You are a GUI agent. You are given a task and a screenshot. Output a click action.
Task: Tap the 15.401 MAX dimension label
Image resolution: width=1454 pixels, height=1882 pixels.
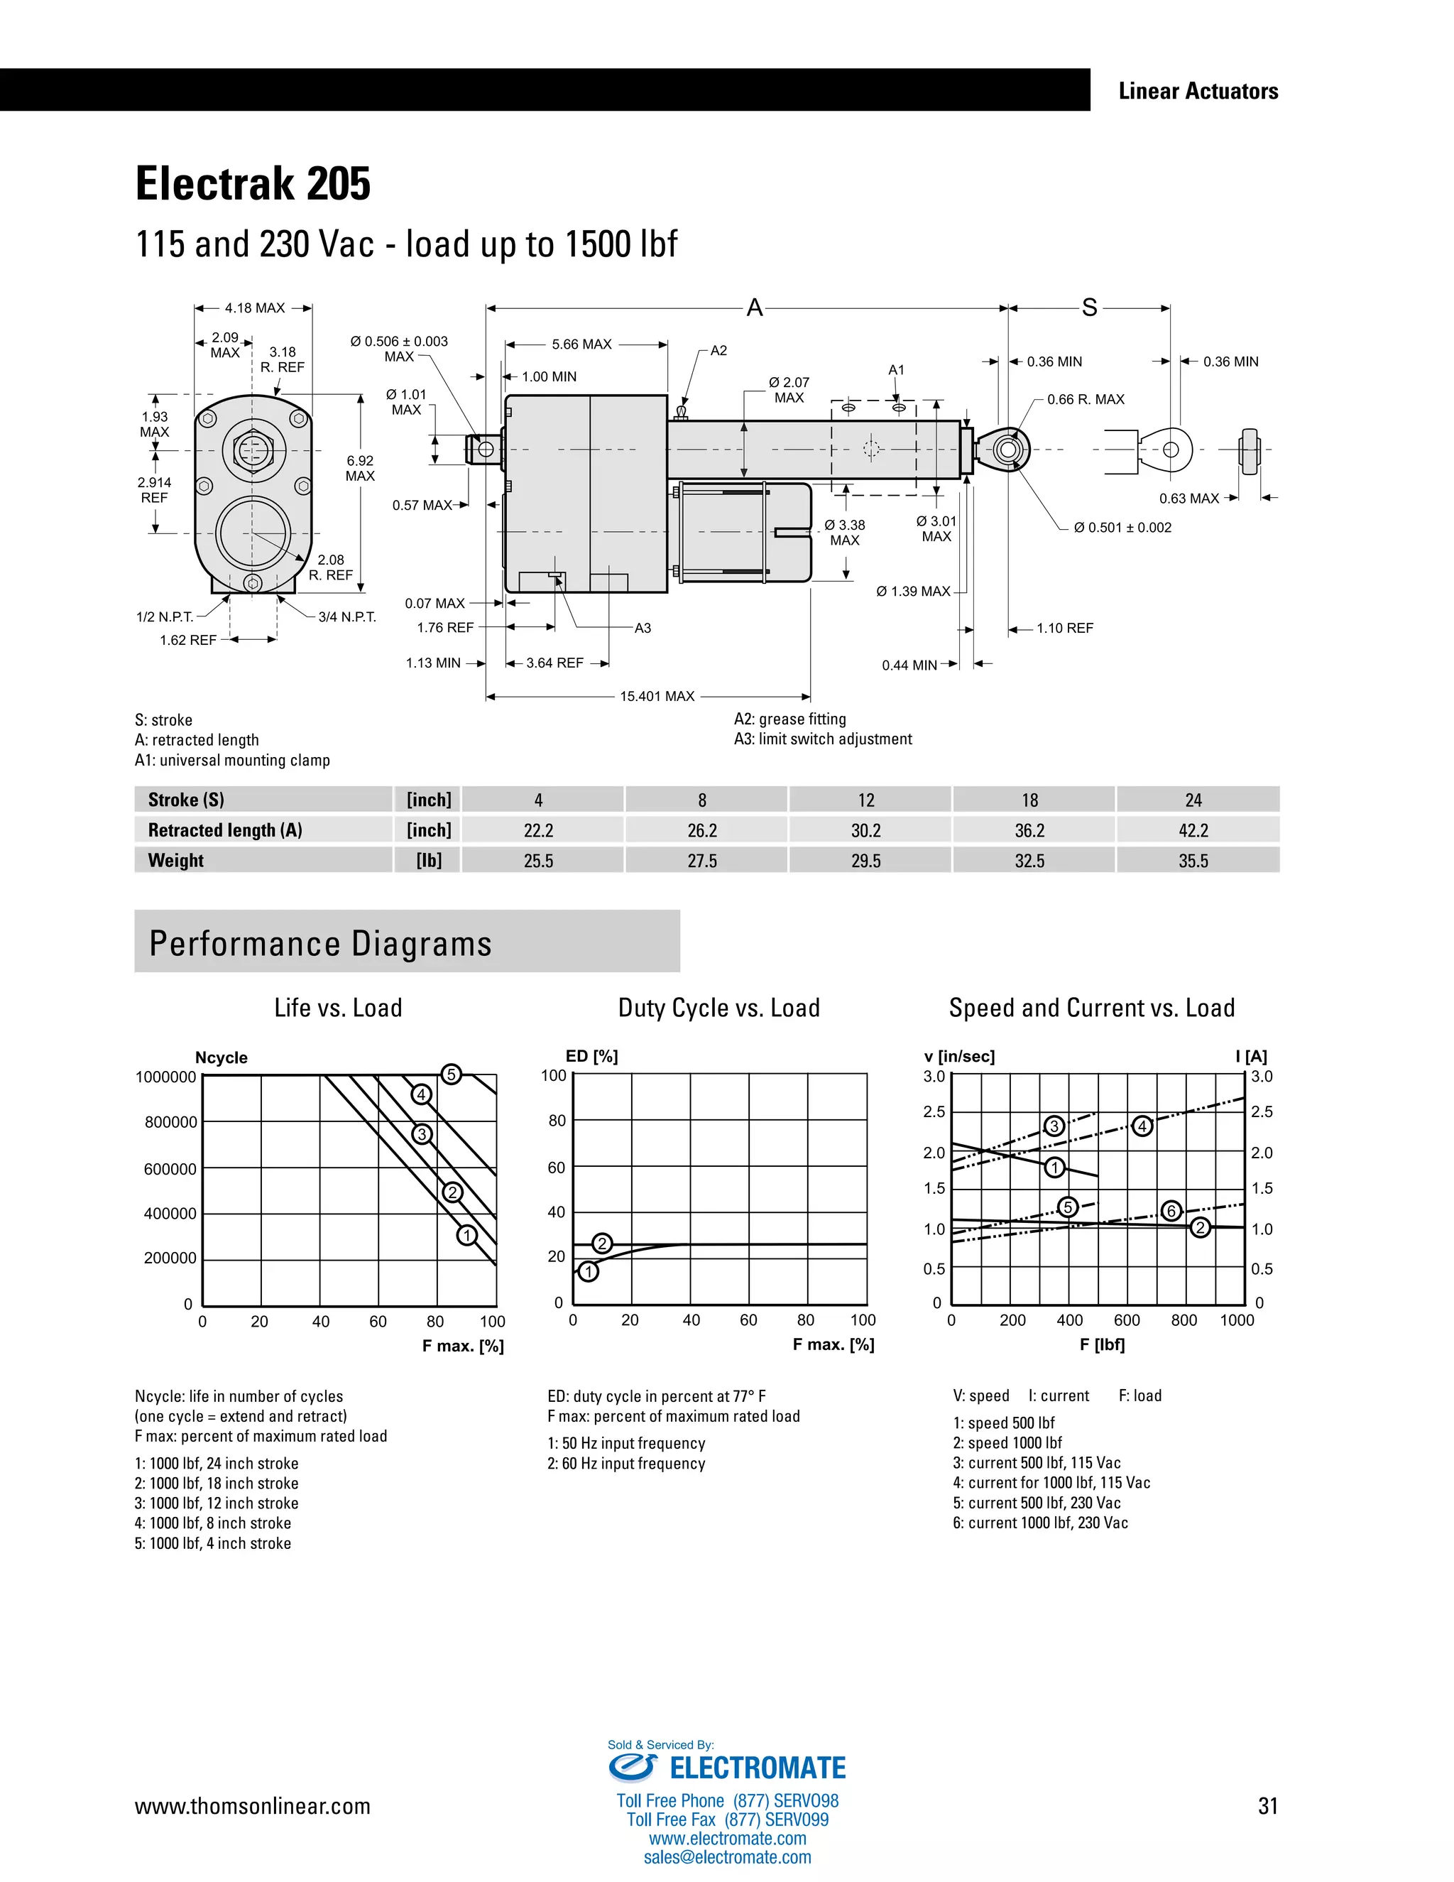coord(657,696)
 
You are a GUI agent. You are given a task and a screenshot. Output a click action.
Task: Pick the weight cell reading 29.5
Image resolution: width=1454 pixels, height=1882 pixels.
coord(865,860)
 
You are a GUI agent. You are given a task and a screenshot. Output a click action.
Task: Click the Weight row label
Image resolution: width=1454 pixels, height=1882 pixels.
coord(176,860)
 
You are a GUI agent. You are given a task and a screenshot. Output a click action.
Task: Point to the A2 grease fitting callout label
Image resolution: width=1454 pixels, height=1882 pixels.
coord(718,351)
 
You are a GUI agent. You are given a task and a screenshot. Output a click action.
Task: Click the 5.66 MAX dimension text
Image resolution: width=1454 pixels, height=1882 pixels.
coord(581,344)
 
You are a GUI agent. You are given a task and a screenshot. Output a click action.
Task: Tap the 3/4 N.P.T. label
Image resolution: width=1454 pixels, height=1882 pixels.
coord(347,617)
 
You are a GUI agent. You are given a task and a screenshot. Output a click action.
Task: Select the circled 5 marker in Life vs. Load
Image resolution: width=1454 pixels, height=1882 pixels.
coord(451,1075)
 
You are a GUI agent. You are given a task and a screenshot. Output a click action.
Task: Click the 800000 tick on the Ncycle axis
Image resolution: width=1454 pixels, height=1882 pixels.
coord(170,1122)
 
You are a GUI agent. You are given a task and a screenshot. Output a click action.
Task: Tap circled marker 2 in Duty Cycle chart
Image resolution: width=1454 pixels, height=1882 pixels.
coord(602,1243)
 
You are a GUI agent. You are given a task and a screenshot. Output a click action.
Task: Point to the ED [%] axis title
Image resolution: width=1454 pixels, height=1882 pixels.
coord(592,1057)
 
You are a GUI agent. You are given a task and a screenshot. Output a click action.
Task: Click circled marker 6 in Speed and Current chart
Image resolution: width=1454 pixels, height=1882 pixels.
coord(1171,1211)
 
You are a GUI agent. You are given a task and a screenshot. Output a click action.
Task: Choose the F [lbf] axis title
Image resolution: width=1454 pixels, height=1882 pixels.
coord(1102,1344)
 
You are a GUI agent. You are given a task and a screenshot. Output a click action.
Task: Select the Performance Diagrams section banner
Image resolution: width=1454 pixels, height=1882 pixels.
coord(407,942)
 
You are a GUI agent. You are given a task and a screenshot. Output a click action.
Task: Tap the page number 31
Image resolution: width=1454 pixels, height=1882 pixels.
coord(1267,1806)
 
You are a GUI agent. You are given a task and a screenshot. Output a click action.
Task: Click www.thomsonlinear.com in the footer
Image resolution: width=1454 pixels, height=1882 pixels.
coord(252,1806)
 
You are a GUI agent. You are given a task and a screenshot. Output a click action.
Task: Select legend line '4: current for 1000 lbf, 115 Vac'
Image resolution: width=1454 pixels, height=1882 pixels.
coord(1051,1482)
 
